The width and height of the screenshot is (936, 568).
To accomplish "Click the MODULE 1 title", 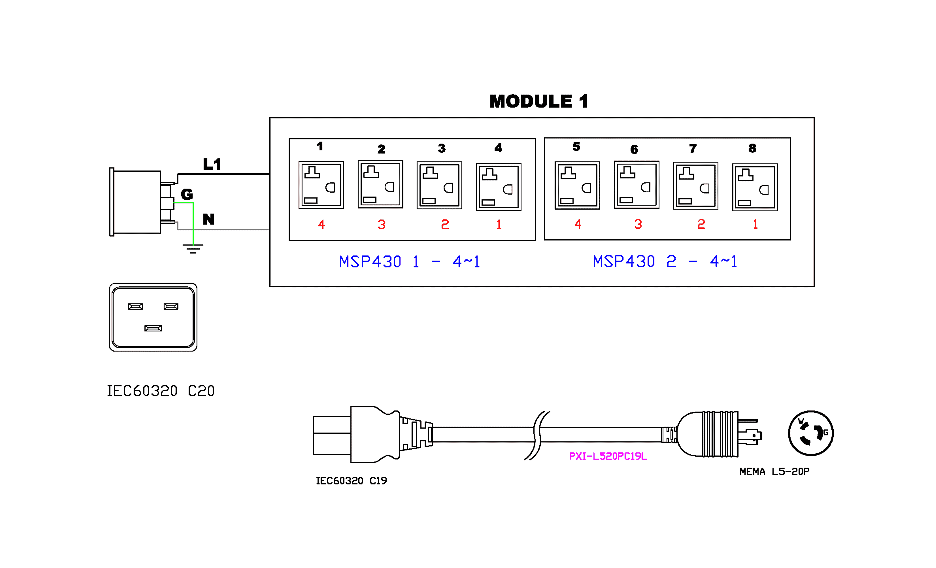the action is click(539, 101).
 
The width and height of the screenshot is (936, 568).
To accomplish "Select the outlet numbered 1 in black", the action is click(321, 185).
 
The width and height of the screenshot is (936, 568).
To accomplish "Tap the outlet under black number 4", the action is click(498, 187).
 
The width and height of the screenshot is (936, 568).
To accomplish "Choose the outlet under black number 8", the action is click(755, 187).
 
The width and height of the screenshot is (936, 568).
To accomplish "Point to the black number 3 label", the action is click(441, 148).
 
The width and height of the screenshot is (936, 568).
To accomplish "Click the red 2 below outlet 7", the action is click(701, 224).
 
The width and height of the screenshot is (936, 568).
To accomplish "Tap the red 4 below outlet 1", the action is click(321, 225).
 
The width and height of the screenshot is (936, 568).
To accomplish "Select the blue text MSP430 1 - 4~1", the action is click(409, 262).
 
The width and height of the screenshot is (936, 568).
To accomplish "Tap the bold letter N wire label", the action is click(209, 219).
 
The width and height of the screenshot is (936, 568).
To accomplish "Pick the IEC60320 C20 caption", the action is click(161, 391).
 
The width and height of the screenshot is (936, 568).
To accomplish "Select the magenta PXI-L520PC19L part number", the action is click(608, 456).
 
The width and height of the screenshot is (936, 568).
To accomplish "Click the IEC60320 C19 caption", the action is click(351, 481).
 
